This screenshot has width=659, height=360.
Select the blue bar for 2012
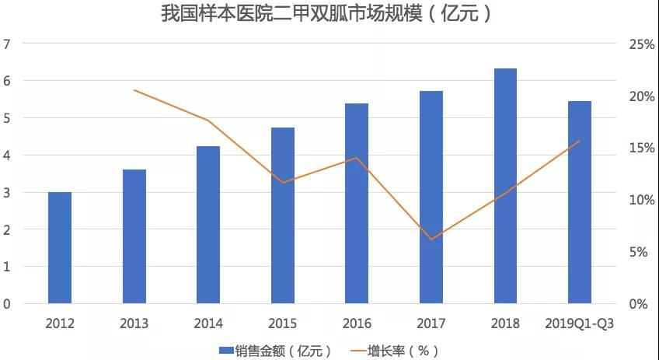coord(60,247)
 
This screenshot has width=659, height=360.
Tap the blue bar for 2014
coord(208,225)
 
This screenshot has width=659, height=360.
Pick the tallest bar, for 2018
coord(505,186)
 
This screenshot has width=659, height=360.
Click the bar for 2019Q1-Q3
coord(580,202)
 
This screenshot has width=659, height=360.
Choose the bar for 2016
coord(357,203)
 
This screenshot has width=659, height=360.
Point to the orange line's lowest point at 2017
coord(431,239)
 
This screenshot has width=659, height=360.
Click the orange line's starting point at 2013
coord(134,90)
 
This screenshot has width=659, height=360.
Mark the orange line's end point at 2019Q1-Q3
coord(580,141)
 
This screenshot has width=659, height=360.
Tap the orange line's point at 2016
coord(357,158)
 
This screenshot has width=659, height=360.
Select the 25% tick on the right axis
coord(642,44)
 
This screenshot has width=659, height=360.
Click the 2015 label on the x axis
coord(282,323)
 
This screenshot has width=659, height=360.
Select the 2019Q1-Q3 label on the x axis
coord(579,323)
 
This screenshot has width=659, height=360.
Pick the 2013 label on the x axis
coord(134,323)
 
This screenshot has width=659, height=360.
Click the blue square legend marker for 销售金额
coord(227,351)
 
